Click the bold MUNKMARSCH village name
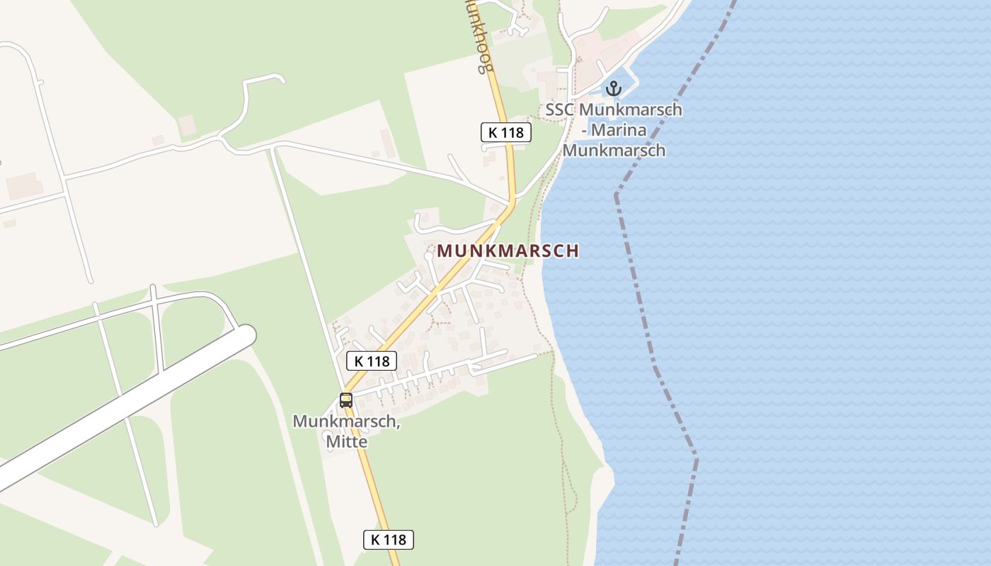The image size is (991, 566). click(x=508, y=251)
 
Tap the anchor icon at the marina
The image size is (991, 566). click(x=613, y=88)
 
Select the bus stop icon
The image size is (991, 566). click(x=345, y=400)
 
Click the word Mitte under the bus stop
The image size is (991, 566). click(x=346, y=441)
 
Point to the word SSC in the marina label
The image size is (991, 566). click(x=560, y=110)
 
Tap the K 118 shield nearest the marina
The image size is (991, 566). click(x=506, y=132)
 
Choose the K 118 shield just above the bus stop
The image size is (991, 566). click(x=372, y=361)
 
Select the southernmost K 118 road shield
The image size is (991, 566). click(x=389, y=540)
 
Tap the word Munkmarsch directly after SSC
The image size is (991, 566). click(x=630, y=110)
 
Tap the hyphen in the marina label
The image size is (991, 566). click(x=584, y=130)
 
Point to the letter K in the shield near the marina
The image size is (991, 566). click(x=493, y=132)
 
